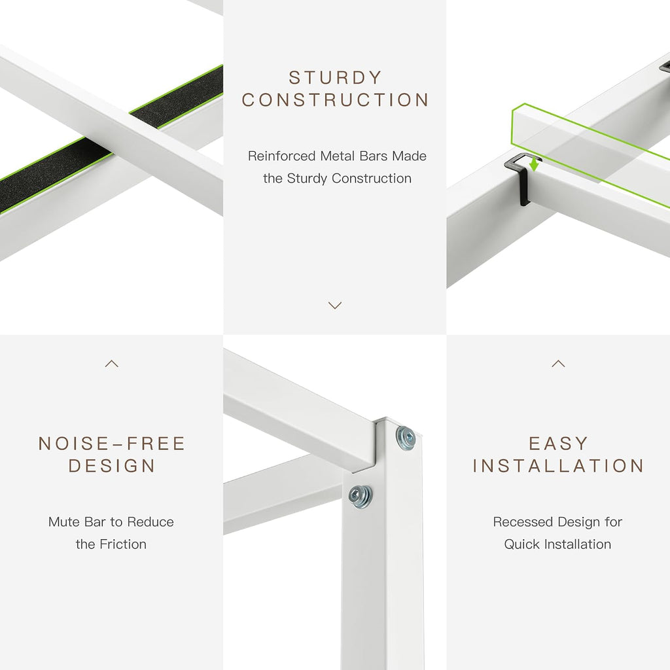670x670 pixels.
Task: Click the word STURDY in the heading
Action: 335,78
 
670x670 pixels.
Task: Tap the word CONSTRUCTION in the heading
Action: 335,100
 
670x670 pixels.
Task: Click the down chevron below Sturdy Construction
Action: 335,305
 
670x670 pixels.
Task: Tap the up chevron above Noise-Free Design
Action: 111,364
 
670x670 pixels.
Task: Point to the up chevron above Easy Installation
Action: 558,364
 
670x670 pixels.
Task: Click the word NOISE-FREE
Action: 111,444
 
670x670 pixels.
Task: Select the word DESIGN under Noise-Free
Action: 111,466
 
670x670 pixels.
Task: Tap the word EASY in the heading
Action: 558,444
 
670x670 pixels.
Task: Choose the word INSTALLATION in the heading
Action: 558,466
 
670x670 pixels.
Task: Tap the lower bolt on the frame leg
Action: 361,496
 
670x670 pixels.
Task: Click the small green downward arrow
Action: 533,164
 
